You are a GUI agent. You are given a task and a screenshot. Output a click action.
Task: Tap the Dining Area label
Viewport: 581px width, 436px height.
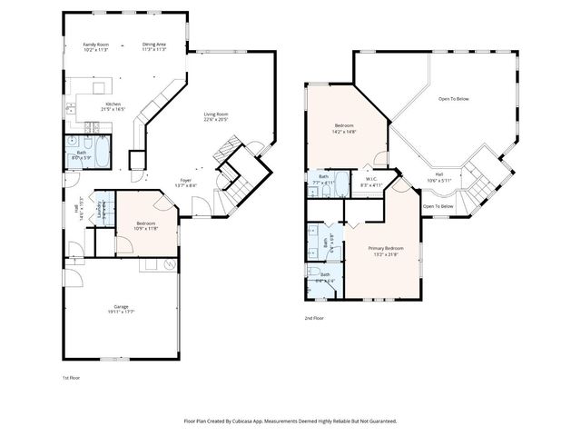153,44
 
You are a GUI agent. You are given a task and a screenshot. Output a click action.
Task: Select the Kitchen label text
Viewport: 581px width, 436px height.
113,104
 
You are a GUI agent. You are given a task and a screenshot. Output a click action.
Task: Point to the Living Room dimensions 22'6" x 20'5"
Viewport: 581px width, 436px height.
215,119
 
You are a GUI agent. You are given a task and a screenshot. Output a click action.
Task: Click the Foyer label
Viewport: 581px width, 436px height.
185,180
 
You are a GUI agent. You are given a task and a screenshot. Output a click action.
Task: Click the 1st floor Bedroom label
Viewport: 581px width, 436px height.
145,223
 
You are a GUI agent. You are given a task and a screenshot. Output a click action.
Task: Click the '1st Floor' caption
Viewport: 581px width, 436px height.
71,376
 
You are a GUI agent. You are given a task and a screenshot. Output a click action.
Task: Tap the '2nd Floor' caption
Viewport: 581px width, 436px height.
314,318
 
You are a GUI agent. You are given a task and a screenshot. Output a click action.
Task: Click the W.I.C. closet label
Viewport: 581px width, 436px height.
372,180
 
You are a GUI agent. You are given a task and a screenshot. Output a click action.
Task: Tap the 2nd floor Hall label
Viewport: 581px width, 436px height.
438,173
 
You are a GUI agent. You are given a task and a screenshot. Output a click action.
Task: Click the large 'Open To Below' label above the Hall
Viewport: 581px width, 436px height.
453,98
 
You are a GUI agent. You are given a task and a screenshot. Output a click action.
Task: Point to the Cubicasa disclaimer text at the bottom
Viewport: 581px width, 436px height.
290,421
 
